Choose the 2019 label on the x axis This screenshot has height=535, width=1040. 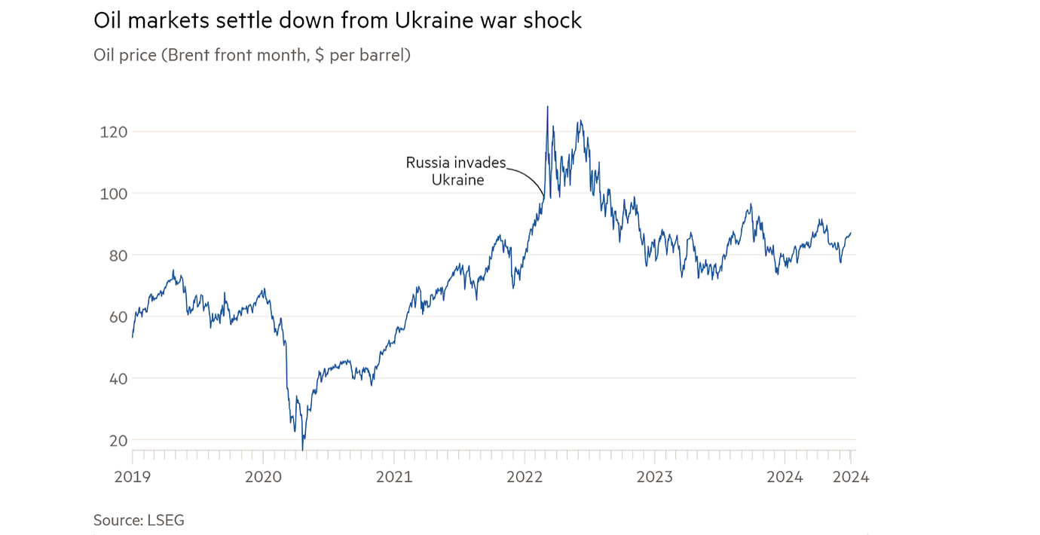tap(133, 477)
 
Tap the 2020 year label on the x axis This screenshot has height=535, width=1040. tap(263, 477)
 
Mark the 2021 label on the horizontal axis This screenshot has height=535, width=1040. tap(393, 477)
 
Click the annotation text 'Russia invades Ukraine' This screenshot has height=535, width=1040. tap(456, 171)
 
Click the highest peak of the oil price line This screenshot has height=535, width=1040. tap(547, 107)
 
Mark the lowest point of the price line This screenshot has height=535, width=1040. tap(303, 450)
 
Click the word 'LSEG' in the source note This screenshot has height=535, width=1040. tap(166, 520)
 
